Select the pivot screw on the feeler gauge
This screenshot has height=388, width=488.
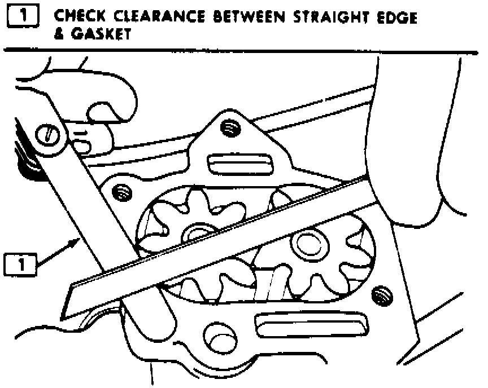pyautogui.click(x=48, y=134)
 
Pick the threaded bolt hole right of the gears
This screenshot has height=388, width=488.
pyautogui.click(x=382, y=294)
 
